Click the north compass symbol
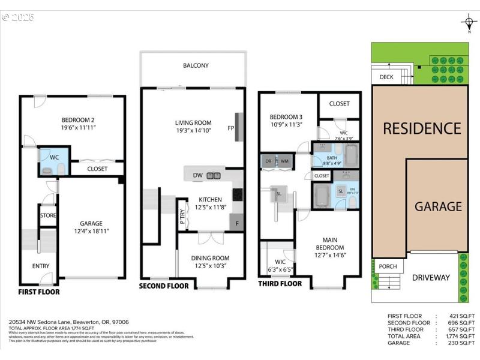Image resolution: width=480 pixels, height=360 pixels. click(469, 23)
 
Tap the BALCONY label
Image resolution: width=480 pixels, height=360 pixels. click(196, 65)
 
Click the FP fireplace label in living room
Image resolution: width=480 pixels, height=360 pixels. click(230, 128)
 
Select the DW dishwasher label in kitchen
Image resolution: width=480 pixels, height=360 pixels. click(197, 175)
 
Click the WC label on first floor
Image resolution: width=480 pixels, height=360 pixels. click(53, 157)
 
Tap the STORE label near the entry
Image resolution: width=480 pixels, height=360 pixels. click(48, 215)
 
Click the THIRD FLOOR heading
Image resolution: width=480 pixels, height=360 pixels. click(280, 284)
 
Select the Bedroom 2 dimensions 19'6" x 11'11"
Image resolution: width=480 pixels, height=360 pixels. click(71, 127)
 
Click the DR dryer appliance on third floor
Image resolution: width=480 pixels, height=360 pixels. click(268, 161)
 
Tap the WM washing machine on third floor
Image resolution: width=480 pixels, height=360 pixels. click(284, 161)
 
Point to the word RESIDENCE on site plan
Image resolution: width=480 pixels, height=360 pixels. click(422, 128)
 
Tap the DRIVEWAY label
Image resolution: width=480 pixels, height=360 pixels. click(431, 277)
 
